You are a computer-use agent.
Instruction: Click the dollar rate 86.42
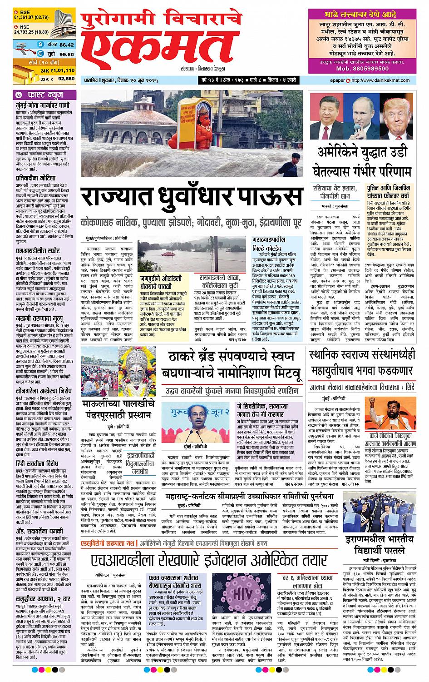point(66,45)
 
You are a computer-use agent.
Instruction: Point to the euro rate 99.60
point(66,54)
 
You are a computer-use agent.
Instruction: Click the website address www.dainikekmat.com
point(386,80)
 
